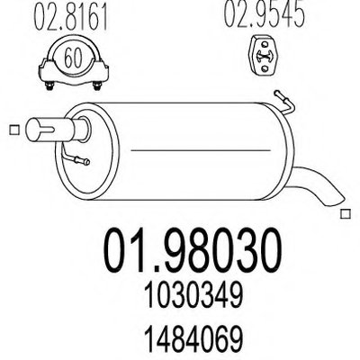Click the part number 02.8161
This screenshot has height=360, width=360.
point(71,17)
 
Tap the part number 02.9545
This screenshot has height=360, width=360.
point(264,14)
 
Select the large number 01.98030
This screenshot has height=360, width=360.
point(193,251)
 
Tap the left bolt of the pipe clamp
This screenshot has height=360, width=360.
point(49,85)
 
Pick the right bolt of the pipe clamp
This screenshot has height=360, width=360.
point(97,85)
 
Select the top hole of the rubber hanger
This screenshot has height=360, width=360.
point(265,44)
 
